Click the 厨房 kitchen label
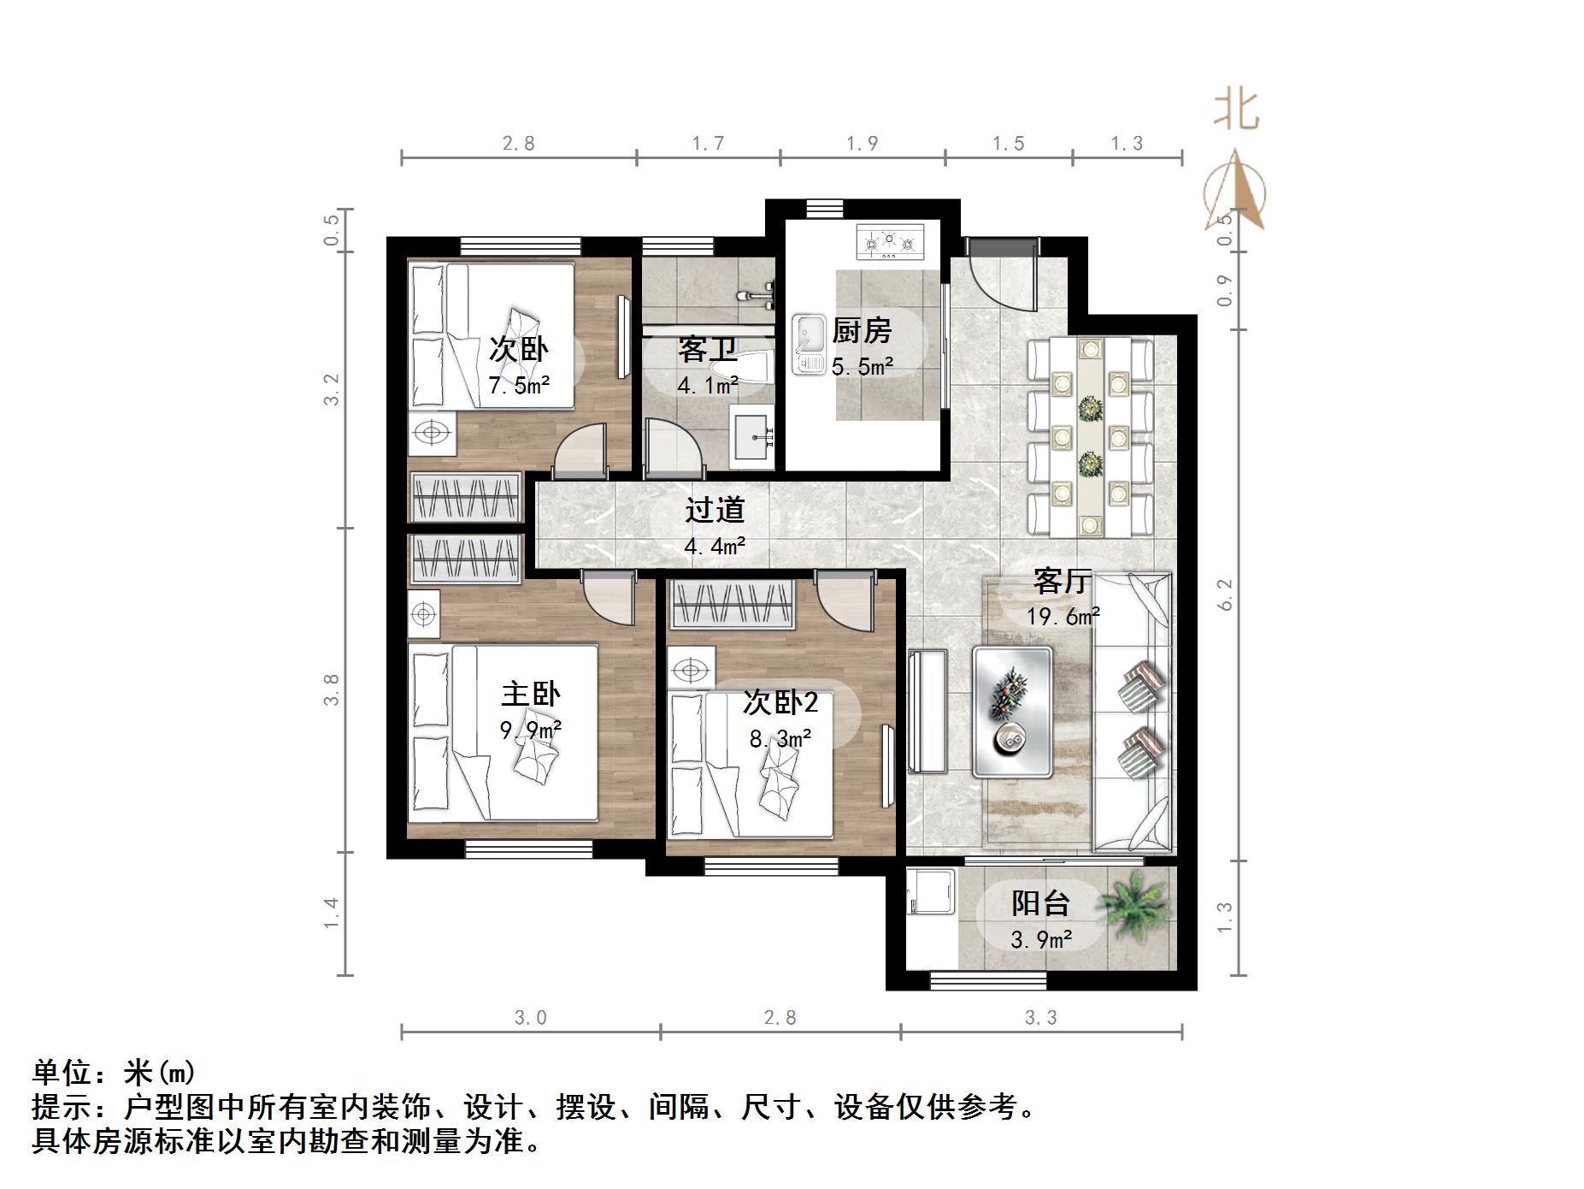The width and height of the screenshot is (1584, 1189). [x=862, y=330]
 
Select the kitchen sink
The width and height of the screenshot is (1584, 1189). [x=807, y=345]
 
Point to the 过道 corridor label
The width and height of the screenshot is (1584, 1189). [x=715, y=510]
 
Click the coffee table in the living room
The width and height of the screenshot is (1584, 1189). [x=1012, y=712]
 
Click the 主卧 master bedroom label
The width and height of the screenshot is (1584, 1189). [x=530, y=694]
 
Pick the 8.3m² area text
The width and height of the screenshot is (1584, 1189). [x=780, y=738]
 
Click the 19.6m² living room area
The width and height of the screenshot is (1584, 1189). [x=1063, y=615]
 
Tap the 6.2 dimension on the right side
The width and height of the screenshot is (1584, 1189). [x=1225, y=594]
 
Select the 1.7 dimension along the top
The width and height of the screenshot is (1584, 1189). [x=708, y=143]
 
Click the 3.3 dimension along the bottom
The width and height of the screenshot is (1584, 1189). [x=1040, y=1018]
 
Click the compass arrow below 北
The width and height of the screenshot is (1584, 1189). [x=1235, y=192]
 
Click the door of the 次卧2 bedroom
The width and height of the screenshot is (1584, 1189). [x=844, y=602]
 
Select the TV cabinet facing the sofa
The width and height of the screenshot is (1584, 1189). [x=927, y=711]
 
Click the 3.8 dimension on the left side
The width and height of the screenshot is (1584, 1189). [x=332, y=689]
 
